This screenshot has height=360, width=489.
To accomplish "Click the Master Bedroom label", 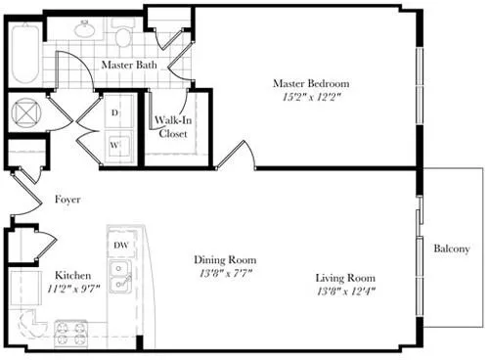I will point(311,84).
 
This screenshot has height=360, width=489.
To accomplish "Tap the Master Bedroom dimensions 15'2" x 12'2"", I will point(311,98).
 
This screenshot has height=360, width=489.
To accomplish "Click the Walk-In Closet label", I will point(172,128).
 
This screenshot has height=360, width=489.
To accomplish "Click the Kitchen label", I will point(73,275).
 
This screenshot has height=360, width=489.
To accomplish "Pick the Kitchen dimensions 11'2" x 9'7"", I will point(73,290).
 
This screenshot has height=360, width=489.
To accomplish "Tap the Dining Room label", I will point(225,260).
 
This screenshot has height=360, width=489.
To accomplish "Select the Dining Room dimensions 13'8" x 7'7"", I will point(225,275).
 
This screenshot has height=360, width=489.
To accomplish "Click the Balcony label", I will point(453,248).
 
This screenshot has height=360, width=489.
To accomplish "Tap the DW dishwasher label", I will point(121,245).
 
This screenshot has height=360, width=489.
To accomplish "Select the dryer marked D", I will point(115,114).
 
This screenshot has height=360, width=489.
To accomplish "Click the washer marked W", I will point(115,143).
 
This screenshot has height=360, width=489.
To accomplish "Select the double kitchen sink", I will point(121,277).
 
